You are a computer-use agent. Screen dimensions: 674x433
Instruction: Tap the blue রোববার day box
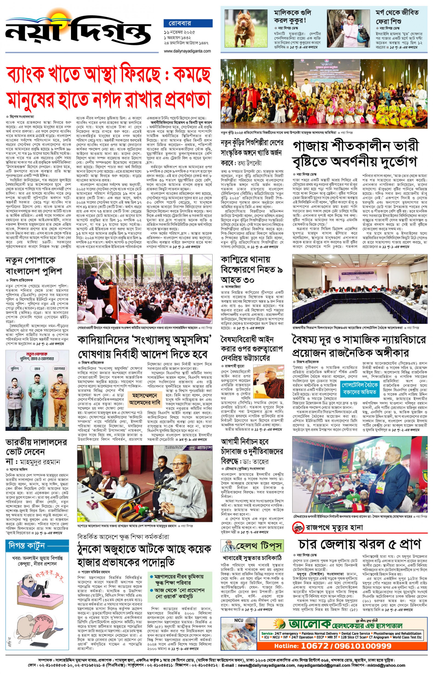(x=188, y=23)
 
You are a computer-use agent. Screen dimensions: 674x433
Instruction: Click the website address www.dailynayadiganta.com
(x=187, y=51)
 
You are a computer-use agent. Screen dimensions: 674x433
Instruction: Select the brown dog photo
(x=243, y=30)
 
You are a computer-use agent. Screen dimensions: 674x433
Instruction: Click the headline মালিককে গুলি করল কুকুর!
(x=292, y=17)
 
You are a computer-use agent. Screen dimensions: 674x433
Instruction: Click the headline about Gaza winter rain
(x=356, y=154)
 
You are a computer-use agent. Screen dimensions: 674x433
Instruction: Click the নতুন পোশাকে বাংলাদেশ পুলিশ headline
(x=34, y=266)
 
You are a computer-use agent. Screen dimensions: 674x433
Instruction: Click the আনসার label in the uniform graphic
(x=59, y=369)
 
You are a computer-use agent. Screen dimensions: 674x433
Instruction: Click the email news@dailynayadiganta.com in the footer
(x=266, y=665)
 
